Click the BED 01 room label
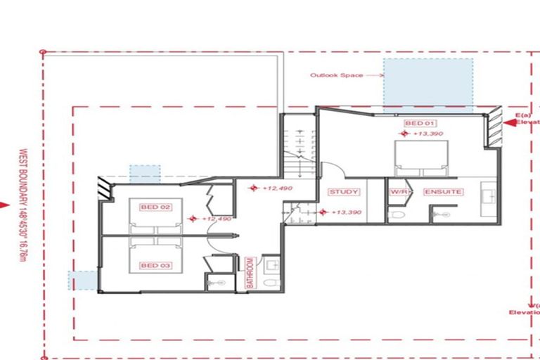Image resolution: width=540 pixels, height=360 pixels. (415, 124)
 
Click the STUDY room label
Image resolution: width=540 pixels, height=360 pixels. (344, 192)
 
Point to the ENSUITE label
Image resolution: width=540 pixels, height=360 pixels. (442, 192)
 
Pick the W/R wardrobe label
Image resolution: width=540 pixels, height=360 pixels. (398, 192)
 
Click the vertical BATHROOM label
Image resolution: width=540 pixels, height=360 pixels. (249, 274)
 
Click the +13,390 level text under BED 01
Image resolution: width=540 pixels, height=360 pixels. (427, 134)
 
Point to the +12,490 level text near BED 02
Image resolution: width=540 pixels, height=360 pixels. (217, 219)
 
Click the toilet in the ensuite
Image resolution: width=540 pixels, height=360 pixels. (440, 213)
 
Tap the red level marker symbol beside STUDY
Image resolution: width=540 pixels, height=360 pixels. (323, 212)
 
